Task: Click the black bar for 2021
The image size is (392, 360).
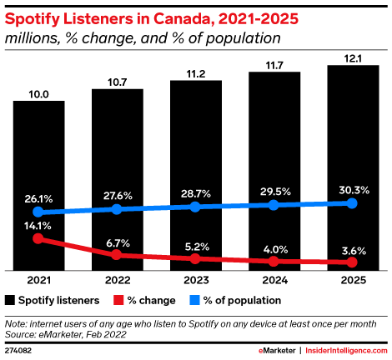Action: (39, 186)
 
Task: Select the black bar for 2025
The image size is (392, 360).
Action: (353, 167)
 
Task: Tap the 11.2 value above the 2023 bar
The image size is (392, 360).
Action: (196, 74)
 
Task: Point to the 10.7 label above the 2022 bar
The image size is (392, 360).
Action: (118, 82)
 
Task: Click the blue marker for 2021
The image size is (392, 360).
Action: (38, 212)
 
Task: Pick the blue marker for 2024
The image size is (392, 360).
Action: (274, 205)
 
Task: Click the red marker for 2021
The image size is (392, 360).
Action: (38, 238)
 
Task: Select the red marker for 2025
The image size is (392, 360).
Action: (352, 262)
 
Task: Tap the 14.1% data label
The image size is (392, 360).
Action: (38, 226)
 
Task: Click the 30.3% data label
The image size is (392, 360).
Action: (354, 190)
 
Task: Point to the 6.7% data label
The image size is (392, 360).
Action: (118, 243)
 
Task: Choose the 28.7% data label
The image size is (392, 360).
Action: (196, 193)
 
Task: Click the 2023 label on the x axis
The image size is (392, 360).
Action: (196, 280)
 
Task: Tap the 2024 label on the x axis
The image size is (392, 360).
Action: (274, 280)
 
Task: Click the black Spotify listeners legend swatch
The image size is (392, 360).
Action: (10, 300)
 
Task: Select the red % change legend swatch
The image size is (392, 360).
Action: (118, 300)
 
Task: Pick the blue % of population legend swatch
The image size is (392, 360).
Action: (194, 300)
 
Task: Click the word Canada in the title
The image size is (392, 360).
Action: (183, 19)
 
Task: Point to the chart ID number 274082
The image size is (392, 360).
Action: (18, 351)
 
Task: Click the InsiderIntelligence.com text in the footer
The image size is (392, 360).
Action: (346, 351)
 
